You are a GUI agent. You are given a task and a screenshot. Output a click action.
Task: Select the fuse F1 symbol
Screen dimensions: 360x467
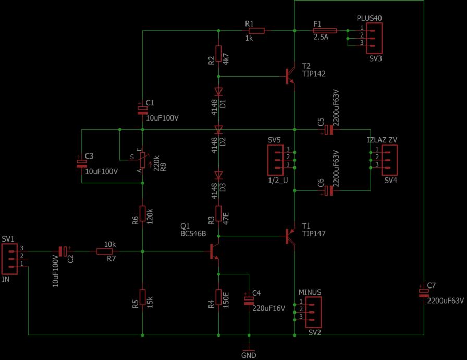click(x=324, y=31)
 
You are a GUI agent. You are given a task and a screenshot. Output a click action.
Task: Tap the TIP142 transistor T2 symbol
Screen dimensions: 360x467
click(x=289, y=77)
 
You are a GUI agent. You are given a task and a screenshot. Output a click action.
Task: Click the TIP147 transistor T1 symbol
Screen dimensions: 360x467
click(x=289, y=236)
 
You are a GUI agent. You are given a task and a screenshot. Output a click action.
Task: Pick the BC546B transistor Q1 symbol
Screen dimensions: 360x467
click(x=214, y=251)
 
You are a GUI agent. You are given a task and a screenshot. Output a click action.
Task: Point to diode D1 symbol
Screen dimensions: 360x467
click(x=218, y=92)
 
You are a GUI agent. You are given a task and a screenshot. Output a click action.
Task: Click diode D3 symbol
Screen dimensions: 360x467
click(x=218, y=175)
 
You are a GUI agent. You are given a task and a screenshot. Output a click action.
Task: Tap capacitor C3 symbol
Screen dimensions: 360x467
click(x=82, y=162)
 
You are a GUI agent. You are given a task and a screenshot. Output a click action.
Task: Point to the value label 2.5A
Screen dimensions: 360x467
click(x=321, y=38)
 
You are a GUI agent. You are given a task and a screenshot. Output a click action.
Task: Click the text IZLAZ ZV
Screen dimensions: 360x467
click(x=382, y=140)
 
